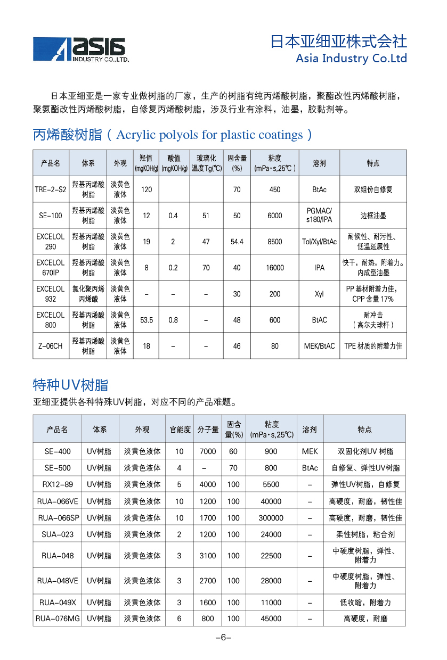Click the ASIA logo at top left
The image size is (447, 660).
pos(80,49)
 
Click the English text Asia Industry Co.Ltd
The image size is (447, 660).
pos(351,58)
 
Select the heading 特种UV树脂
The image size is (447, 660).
pos(70,385)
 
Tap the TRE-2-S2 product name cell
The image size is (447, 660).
pos(51,189)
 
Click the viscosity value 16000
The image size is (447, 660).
pos(275,268)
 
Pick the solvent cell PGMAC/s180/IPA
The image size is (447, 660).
pos(319,216)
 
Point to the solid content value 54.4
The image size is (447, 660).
pos(237,242)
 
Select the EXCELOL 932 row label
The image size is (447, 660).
pos(51,294)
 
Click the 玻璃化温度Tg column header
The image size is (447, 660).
pos(206,163)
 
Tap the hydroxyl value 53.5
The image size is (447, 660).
pos(147,320)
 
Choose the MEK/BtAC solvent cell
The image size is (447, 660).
pos(319,346)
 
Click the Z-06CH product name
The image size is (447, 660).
pos(51,346)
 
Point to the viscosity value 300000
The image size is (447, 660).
pos(271,517)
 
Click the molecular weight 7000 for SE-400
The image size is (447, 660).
pos(208,451)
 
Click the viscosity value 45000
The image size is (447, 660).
pos(271,618)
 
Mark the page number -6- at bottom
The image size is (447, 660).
pos(223,638)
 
